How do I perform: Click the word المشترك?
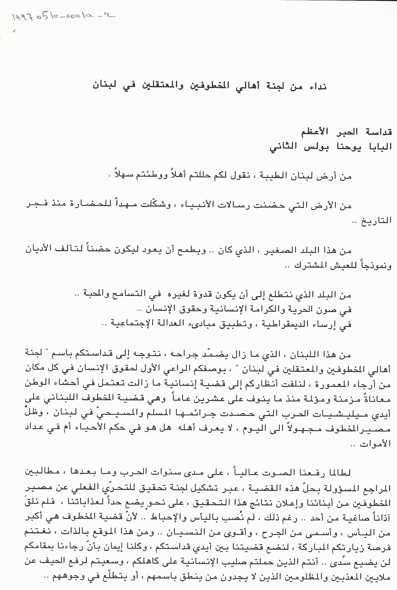[x=309, y=266]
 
